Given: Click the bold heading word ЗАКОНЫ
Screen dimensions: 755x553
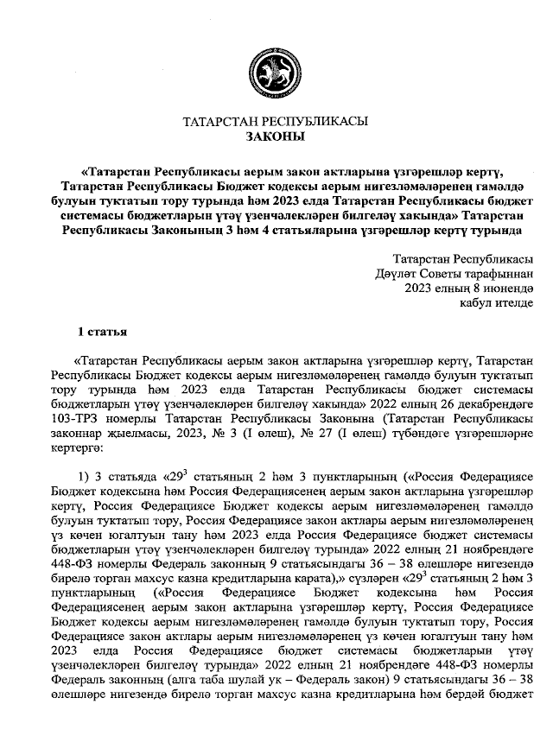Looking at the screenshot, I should [276, 136].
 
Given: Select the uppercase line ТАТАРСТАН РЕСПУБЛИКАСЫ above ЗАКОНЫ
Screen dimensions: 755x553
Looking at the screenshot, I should [276, 121].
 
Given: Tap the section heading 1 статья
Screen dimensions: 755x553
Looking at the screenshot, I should [103, 332].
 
